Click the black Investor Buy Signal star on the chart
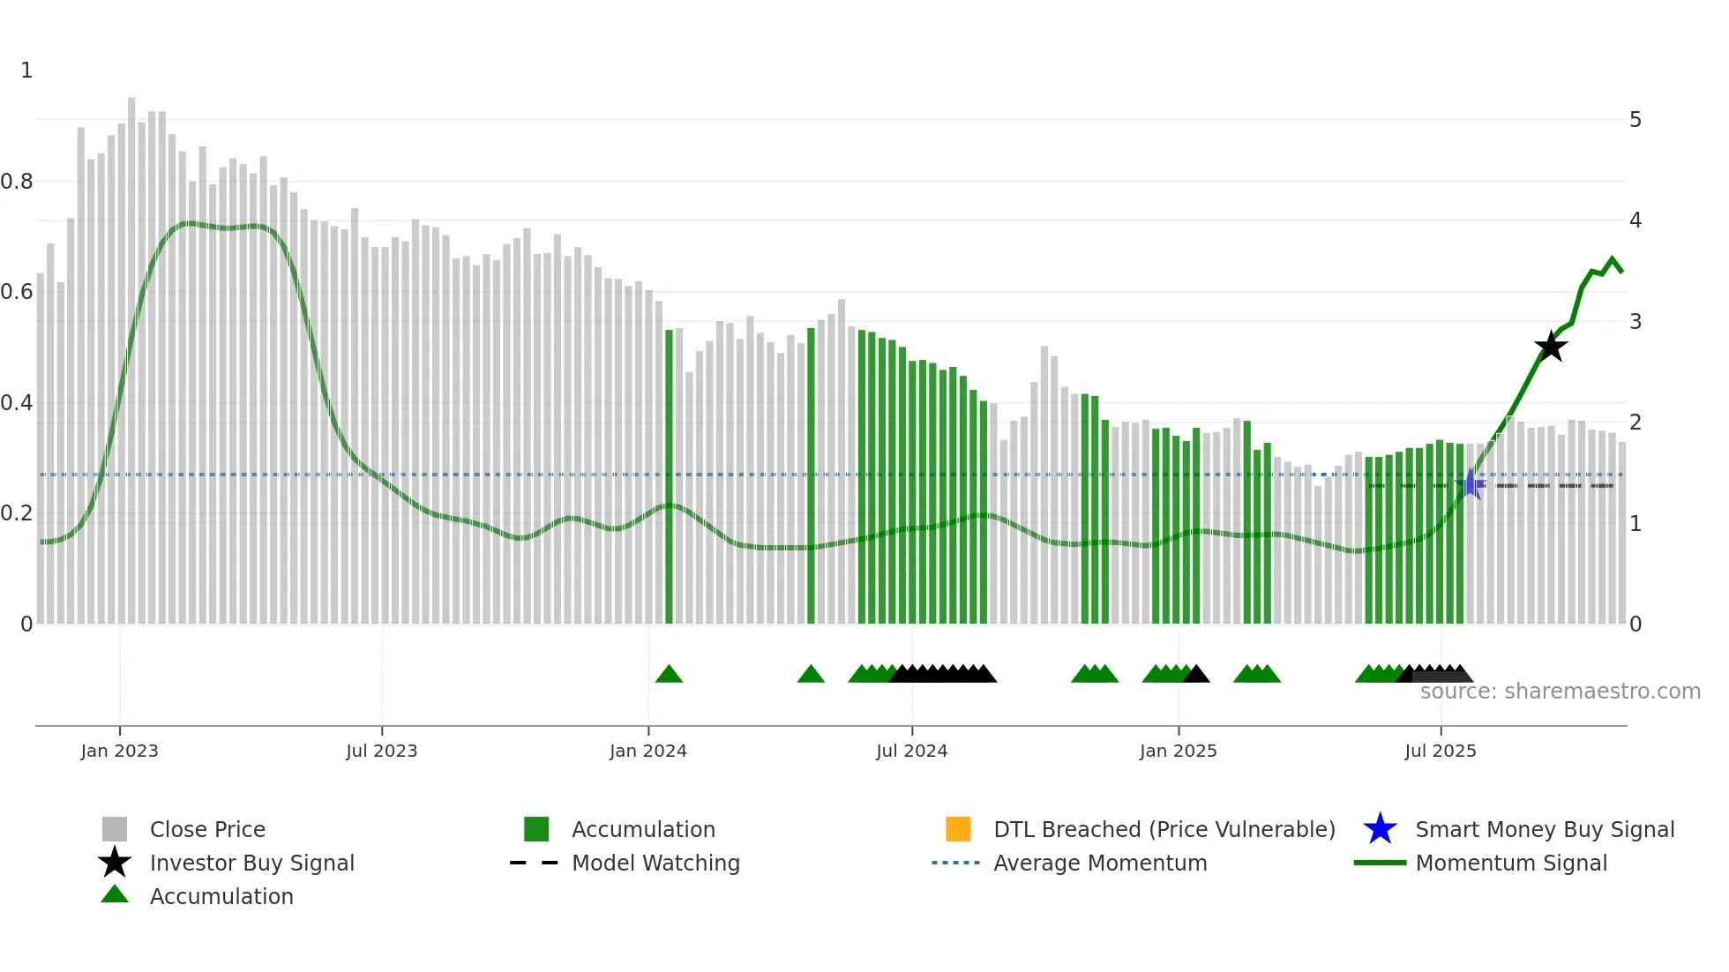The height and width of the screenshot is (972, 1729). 1550,347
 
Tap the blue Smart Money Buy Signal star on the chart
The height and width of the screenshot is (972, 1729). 1471,484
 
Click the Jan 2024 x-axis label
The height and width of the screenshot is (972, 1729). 647,751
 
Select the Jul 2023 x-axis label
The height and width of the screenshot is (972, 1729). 381,751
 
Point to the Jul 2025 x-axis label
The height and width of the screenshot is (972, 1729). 1440,751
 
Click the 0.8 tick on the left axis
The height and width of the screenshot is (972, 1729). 18,182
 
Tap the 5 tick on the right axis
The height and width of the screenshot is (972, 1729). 1635,120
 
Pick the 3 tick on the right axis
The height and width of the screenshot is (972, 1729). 1635,322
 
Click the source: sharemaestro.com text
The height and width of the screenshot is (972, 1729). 1560,692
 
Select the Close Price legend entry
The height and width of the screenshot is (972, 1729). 207,829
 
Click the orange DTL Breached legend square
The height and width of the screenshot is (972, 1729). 958,829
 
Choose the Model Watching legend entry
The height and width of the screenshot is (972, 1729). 655,863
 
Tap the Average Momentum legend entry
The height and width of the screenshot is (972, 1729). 1099,863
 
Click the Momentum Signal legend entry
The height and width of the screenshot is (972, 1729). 1510,863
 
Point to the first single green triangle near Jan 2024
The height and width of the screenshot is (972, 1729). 669,675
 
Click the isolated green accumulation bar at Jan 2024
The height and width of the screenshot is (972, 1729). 669,476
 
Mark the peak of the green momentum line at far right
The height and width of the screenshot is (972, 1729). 1612,259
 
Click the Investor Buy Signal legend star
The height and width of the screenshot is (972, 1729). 115,863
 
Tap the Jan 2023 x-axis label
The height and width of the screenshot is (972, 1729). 119,751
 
